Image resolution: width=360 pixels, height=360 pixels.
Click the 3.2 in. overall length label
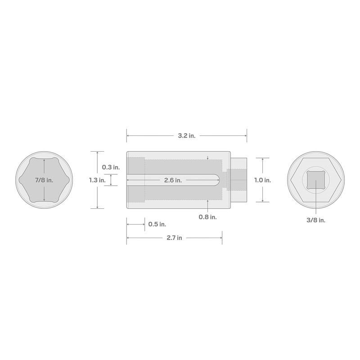tap(186, 135)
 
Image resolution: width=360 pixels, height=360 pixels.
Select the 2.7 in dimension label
tap(173, 237)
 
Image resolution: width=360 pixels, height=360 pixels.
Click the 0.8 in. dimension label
tap(207, 217)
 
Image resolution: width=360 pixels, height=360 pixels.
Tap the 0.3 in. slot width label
tap(111, 167)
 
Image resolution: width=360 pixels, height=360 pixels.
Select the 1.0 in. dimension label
tap(262, 180)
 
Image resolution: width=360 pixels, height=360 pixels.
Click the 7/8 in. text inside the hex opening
tap(44, 180)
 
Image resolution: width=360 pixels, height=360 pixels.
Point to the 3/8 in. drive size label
tap(315, 220)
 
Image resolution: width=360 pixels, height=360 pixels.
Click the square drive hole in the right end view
tap(315, 180)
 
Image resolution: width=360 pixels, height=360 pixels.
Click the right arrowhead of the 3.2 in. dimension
tap(245, 135)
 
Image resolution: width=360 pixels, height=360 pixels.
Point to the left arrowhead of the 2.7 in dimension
tap(128, 237)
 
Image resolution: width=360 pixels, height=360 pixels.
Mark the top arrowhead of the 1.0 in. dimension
tap(262, 159)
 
